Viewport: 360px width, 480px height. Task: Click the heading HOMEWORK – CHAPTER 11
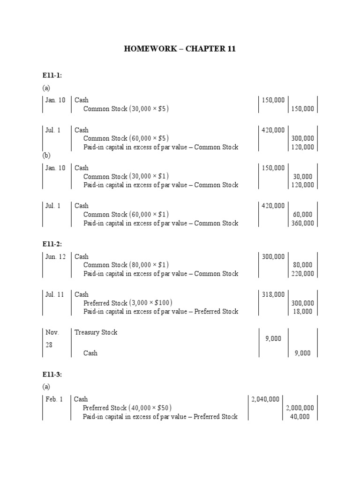[180, 49]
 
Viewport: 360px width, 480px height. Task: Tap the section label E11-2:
[52, 244]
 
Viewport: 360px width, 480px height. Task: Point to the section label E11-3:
[52, 374]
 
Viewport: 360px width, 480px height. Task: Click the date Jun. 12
[55, 256]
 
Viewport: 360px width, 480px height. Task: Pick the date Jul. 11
[54, 294]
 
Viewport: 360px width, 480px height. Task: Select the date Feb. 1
[54, 399]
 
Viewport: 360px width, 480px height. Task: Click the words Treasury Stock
[96, 332]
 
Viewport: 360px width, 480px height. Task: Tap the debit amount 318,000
[273, 294]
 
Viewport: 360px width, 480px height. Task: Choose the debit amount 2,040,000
[265, 399]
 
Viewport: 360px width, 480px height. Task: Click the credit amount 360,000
[303, 223]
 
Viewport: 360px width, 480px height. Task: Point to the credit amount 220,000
[303, 274]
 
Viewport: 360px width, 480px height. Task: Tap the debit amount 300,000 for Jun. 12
[273, 256]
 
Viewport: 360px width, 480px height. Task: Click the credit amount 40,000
[300, 417]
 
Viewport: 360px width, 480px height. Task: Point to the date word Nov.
[52, 332]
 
